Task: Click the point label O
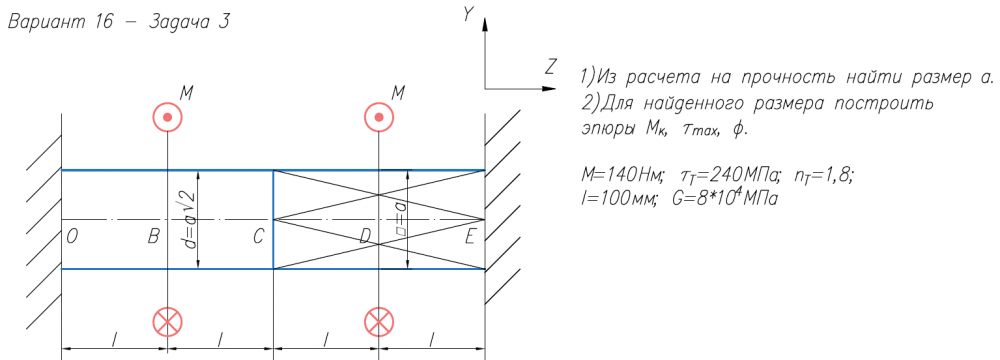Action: [x=71, y=237]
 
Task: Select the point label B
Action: [x=153, y=237]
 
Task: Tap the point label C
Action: [x=258, y=237]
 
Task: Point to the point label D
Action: [x=365, y=237]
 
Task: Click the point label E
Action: [x=470, y=237]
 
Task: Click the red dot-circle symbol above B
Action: [x=168, y=117]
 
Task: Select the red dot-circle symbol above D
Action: [x=379, y=117]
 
